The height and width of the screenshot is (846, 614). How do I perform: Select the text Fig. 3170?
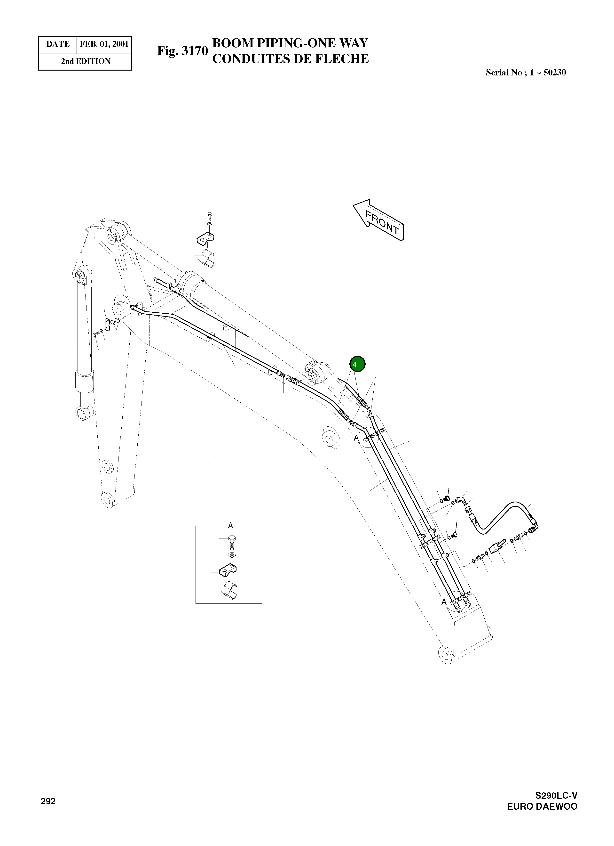(182, 50)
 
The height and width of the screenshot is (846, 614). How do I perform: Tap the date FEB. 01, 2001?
(104, 44)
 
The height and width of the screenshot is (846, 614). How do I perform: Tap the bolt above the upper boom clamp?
(210, 215)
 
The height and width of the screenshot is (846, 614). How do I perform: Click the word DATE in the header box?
(58, 44)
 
